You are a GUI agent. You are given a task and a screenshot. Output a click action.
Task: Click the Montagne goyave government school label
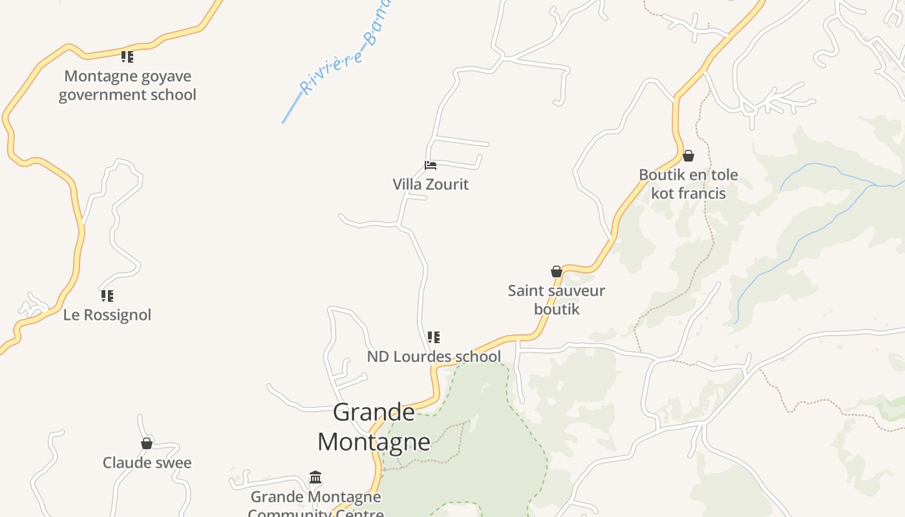[x=127, y=85]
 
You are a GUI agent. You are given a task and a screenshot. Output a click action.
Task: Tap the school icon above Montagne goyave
[x=127, y=57]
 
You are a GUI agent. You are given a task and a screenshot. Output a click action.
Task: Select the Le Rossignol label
[x=107, y=315]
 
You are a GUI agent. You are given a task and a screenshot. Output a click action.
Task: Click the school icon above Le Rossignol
[x=107, y=296]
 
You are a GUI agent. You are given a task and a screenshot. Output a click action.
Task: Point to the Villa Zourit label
[x=431, y=184]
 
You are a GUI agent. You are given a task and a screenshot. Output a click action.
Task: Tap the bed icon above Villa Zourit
[x=431, y=165]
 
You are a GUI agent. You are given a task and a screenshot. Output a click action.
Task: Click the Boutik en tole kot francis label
[x=688, y=184]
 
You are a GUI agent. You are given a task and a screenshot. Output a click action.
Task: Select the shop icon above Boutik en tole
[x=688, y=156]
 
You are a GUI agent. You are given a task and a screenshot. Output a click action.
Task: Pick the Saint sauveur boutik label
[x=557, y=300]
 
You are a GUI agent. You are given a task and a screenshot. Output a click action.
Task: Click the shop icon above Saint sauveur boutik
[x=557, y=271]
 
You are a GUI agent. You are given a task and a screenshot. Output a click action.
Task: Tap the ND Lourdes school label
[x=434, y=357]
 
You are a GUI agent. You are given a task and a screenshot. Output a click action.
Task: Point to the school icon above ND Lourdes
[x=434, y=337]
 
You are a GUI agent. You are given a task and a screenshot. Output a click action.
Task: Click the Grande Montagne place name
[x=374, y=427]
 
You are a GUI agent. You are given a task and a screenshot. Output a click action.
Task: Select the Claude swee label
[x=147, y=463]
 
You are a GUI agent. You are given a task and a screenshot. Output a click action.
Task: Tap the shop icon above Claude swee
[x=147, y=443]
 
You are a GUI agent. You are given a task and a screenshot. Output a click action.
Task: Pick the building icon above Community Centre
[x=315, y=478]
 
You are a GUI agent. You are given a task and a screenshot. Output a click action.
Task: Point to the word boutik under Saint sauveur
[x=557, y=309]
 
